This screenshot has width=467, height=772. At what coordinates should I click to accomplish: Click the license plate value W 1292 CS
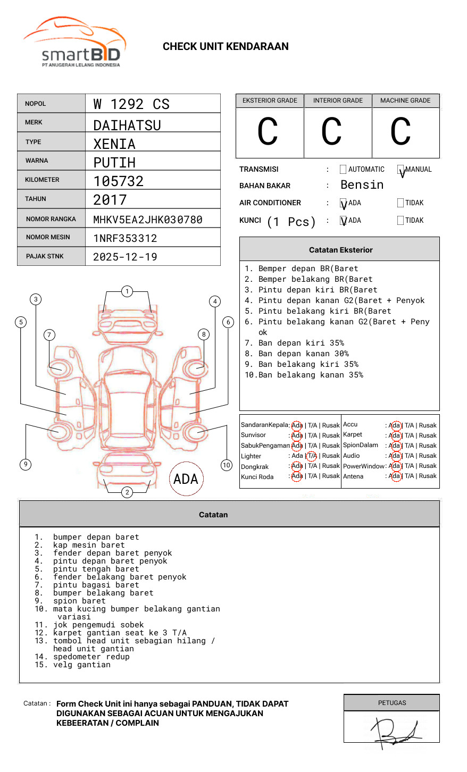131,104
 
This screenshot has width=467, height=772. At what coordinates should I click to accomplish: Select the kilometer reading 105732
119,181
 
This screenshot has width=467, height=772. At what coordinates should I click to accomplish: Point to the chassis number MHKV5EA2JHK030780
148,220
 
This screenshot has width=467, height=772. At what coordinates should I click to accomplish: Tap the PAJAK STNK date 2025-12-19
125,257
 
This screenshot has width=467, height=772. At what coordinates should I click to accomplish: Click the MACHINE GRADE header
405,100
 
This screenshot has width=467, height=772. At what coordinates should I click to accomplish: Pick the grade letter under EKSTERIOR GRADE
268,132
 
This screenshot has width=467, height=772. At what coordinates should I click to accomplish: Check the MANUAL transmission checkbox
401,170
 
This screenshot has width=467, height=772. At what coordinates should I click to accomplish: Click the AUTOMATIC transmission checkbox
343,170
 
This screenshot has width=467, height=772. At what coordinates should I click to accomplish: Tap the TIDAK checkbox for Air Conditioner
401,203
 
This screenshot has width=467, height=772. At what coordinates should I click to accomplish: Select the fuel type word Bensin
362,185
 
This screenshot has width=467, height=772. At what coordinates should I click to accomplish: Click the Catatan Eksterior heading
340,250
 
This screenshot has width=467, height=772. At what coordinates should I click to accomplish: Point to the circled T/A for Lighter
312,456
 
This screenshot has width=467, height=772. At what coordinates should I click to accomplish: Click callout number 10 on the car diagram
227,465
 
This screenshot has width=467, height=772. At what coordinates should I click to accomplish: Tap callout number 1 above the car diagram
127,291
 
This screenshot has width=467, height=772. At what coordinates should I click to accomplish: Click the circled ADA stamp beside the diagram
186,479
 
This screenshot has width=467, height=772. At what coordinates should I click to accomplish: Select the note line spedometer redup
91,657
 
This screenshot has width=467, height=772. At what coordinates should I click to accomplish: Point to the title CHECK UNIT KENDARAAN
226,47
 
